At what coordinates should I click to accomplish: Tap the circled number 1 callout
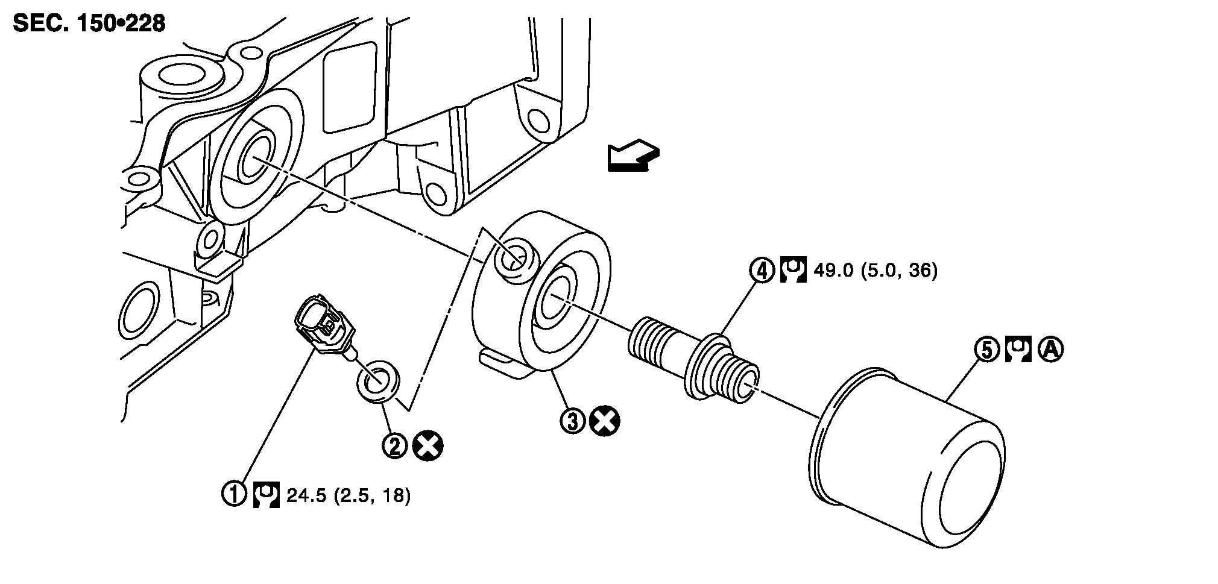(x=235, y=494)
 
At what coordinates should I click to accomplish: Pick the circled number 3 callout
(x=573, y=421)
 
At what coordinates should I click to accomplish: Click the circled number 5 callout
(x=987, y=350)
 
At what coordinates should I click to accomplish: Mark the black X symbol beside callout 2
(x=428, y=447)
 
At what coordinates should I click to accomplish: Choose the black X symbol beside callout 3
(x=605, y=421)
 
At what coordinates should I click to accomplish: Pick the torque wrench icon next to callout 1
(x=266, y=495)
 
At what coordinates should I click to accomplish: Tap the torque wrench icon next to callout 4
(x=793, y=271)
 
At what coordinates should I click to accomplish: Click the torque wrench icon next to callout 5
(x=1018, y=350)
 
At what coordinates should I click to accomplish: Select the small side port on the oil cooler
(x=514, y=260)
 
